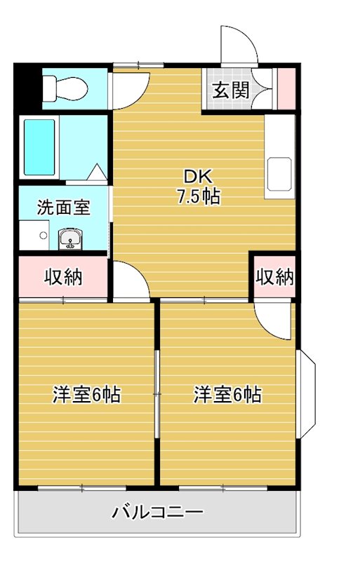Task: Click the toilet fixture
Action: [65, 88]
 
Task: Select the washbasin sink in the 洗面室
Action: [69, 241]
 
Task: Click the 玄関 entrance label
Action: [229, 90]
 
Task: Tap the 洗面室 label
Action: [63, 208]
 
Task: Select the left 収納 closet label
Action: [63, 278]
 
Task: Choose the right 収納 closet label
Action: [273, 278]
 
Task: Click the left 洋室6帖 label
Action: [86, 395]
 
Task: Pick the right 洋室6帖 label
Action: [227, 395]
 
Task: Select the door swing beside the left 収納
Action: [129, 280]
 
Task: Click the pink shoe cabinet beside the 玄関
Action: [286, 89]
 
